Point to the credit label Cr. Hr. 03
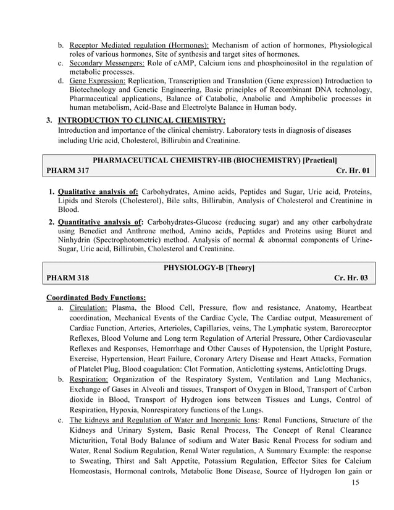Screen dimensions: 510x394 [351, 278]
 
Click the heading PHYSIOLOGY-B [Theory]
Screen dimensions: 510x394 [209, 267]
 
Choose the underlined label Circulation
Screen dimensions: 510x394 [89, 307]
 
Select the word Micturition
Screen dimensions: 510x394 [91, 441]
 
